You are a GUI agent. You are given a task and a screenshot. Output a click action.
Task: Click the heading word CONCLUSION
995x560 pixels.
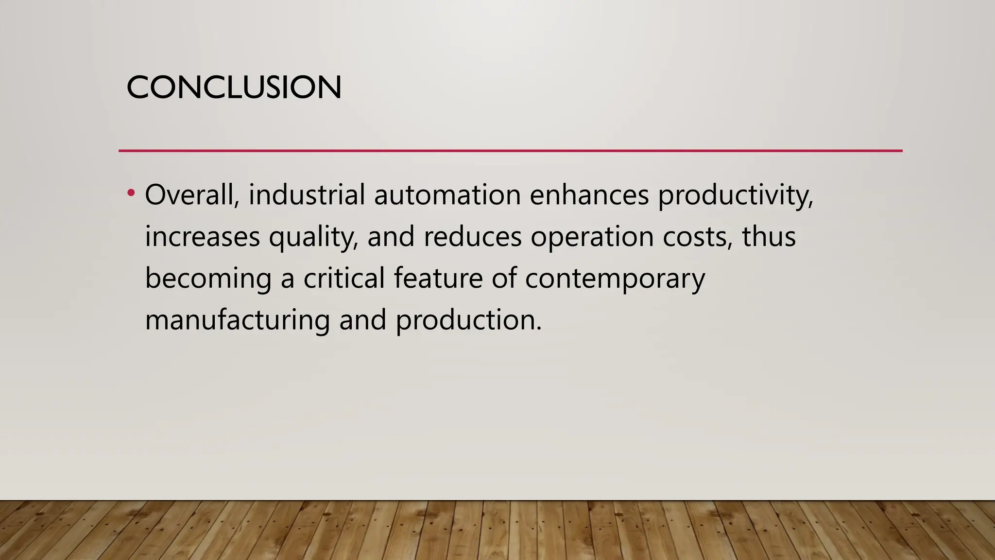pos(234,87)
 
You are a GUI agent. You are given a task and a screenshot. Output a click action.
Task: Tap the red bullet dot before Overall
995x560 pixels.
pos(130,193)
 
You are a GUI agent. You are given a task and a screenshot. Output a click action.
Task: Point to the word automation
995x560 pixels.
pos(447,194)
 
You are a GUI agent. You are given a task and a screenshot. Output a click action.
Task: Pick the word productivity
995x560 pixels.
pos(735,195)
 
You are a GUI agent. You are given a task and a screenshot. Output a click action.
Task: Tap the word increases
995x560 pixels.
pos(202,237)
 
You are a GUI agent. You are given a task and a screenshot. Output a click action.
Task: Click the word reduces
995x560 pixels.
pos(472,237)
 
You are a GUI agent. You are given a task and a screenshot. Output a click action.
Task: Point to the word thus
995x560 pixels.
pos(769,237)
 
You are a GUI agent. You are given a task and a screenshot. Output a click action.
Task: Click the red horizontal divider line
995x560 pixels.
pos(510,151)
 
